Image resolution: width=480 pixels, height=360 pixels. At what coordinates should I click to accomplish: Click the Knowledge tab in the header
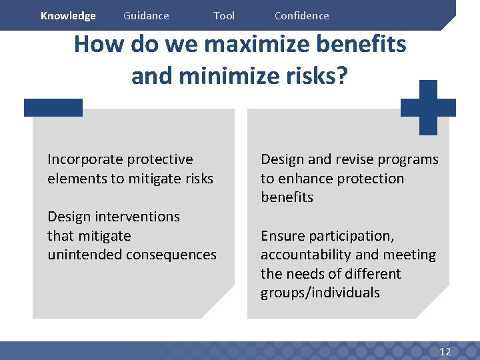click(x=68, y=16)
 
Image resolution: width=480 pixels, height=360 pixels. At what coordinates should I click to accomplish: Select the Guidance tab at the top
click(x=146, y=16)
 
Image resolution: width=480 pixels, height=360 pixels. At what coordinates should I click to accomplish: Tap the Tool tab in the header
click(x=224, y=16)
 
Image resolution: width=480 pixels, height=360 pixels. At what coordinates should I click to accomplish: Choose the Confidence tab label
click(x=301, y=16)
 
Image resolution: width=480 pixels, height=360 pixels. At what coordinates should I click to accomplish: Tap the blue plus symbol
click(x=428, y=107)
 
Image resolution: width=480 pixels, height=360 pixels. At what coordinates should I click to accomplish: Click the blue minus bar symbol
click(x=53, y=107)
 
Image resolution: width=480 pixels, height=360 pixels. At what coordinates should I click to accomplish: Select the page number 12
click(x=445, y=351)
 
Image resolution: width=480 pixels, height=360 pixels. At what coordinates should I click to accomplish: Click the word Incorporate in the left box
click(x=85, y=159)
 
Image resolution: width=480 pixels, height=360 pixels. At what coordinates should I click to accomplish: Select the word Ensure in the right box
click(x=281, y=236)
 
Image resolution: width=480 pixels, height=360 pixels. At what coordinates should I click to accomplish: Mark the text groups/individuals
click(x=320, y=293)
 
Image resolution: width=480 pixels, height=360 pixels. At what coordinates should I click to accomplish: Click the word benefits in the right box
click(x=287, y=197)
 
